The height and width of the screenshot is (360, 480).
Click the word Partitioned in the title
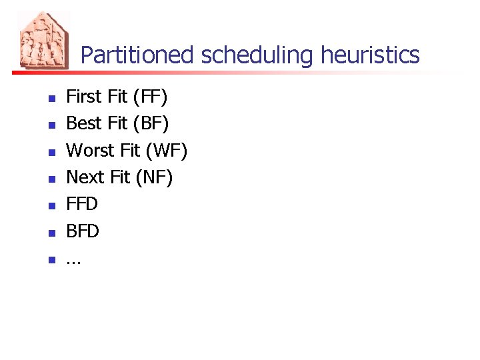(138, 55)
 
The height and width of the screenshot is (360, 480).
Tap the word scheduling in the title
(257, 55)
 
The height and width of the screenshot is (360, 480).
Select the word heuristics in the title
(370, 55)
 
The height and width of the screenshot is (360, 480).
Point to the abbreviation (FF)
(150, 97)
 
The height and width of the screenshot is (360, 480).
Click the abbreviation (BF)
(151, 124)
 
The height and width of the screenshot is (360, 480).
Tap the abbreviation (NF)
(153, 177)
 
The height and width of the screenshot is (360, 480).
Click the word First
(84, 97)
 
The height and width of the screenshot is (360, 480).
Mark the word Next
(85, 177)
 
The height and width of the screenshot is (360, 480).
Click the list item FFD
(82, 204)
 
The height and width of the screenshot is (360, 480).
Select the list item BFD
(83, 231)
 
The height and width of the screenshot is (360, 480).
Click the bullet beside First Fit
(50, 99)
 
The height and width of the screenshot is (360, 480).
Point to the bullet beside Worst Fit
(50, 152)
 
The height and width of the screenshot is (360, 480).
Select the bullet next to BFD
(50, 233)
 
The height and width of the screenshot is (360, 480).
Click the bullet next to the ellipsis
(50, 259)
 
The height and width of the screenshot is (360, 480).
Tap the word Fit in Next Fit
(121, 177)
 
